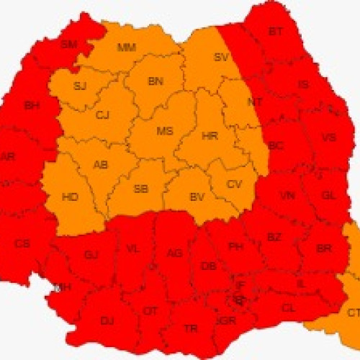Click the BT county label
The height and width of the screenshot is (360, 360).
[x=276, y=32]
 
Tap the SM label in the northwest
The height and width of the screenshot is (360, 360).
[x=68, y=45]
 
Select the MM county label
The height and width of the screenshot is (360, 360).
[x=126, y=48]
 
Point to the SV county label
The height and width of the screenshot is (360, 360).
[x=221, y=58]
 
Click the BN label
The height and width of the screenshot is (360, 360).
[x=156, y=81]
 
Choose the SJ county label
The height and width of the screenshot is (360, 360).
[x=79, y=86]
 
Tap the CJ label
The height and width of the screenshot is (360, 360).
[x=103, y=114]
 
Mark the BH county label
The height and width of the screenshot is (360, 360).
[x=32, y=106]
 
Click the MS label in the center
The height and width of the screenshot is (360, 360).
[x=165, y=131]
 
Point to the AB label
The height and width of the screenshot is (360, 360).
[x=101, y=165]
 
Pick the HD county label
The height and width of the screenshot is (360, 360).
[x=71, y=197]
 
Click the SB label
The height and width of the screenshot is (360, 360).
[x=141, y=189]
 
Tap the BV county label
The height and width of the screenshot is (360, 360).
[x=197, y=197]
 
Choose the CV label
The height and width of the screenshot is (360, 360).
[x=235, y=184]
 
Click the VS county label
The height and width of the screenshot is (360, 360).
[x=328, y=138]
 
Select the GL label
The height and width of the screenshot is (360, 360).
[x=328, y=195]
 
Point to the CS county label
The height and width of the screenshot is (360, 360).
[x=22, y=244]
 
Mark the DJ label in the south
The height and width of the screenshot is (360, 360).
[x=107, y=320]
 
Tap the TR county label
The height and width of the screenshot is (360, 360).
[x=191, y=328]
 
